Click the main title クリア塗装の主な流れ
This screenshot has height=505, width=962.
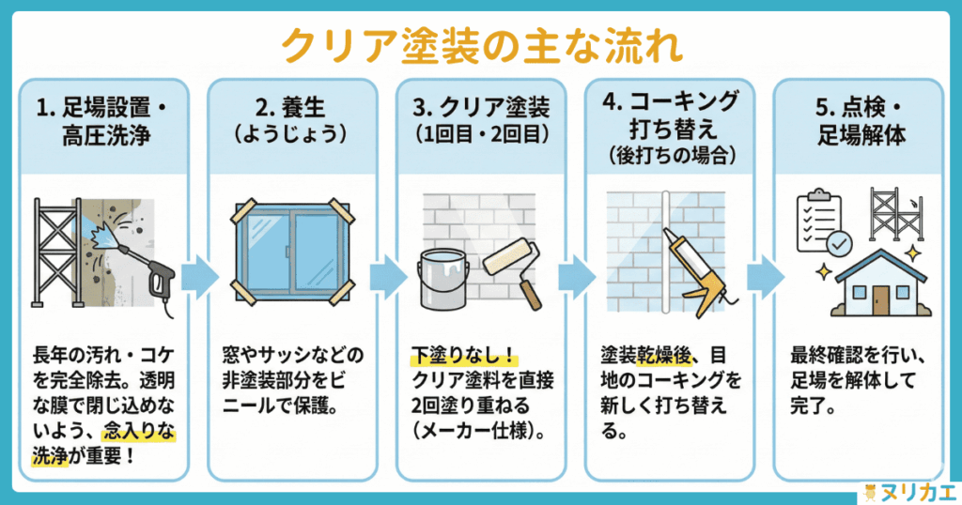(480, 44)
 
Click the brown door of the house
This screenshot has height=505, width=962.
(880, 299)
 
